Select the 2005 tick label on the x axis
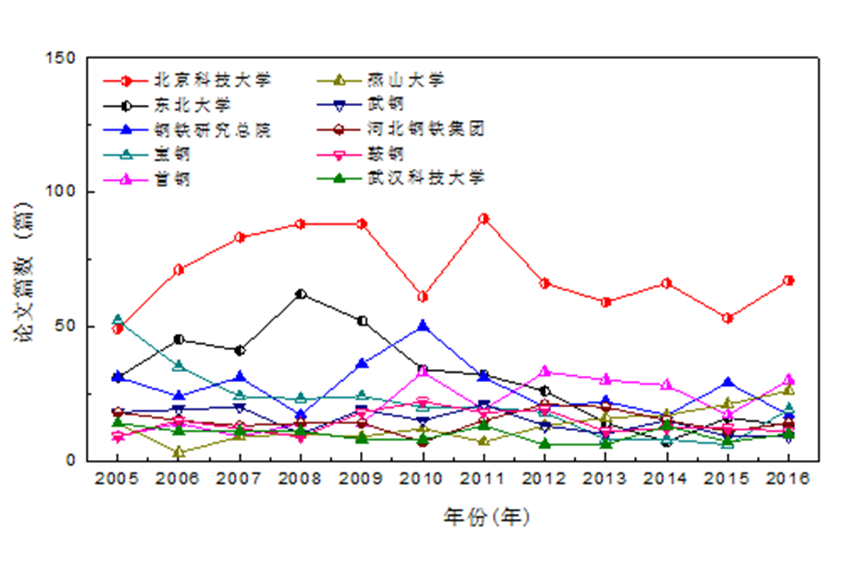[x=118, y=479]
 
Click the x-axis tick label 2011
[x=483, y=479]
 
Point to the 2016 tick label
[x=788, y=479]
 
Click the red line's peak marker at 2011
[x=483, y=219]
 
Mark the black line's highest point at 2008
[x=300, y=293]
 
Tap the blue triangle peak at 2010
[x=423, y=326]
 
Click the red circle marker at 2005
[x=118, y=329]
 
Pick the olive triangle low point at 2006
[x=179, y=452]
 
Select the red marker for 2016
[x=788, y=280]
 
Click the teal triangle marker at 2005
[x=118, y=319]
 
